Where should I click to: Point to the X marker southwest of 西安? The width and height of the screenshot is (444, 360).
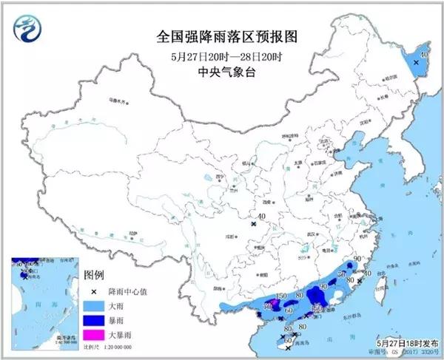point(253,223)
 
